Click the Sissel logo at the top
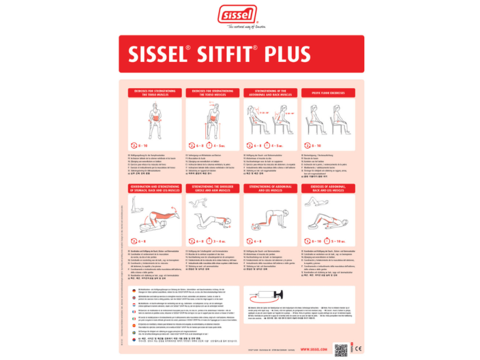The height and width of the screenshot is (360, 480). [239, 15]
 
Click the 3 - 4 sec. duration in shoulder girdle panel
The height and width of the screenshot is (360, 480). [220, 241]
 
